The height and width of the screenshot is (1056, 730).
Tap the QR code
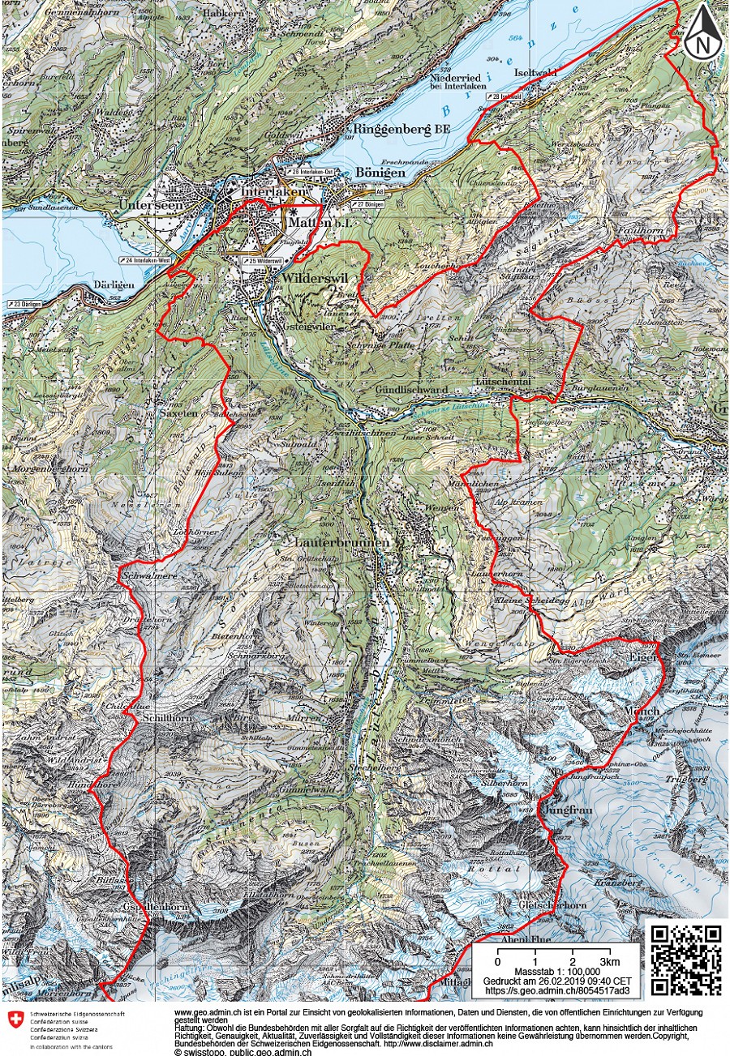click(x=685, y=960)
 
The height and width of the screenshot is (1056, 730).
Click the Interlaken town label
click(x=275, y=192)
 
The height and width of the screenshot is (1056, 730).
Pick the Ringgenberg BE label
click(x=401, y=130)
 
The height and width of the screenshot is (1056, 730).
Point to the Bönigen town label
click(x=378, y=173)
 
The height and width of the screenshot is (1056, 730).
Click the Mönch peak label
click(x=642, y=711)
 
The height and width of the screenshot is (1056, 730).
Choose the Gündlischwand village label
click(x=412, y=390)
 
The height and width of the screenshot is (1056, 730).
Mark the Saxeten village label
click(x=178, y=413)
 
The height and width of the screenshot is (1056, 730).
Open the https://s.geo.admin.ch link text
click(x=552, y=990)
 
